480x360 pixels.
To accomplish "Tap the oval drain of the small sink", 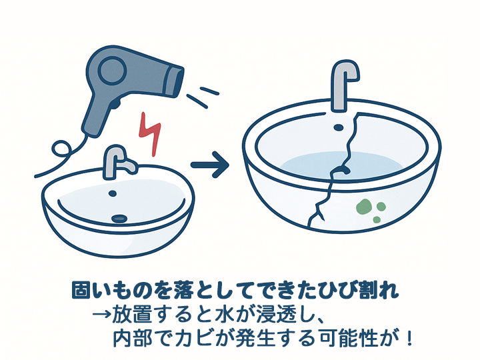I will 121,217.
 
